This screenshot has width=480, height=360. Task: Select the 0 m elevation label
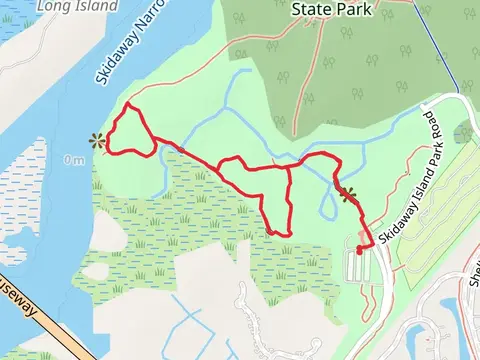(x=73, y=159)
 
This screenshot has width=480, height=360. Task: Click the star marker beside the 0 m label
(x=97, y=141)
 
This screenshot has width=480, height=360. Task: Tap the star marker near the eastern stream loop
(x=347, y=194)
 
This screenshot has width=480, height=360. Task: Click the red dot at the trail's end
(x=359, y=251)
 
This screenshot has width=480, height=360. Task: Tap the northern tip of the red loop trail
(x=128, y=105)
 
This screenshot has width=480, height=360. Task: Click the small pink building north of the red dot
(x=361, y=236)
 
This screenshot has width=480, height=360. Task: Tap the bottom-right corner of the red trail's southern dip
(x=289, y=234)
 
